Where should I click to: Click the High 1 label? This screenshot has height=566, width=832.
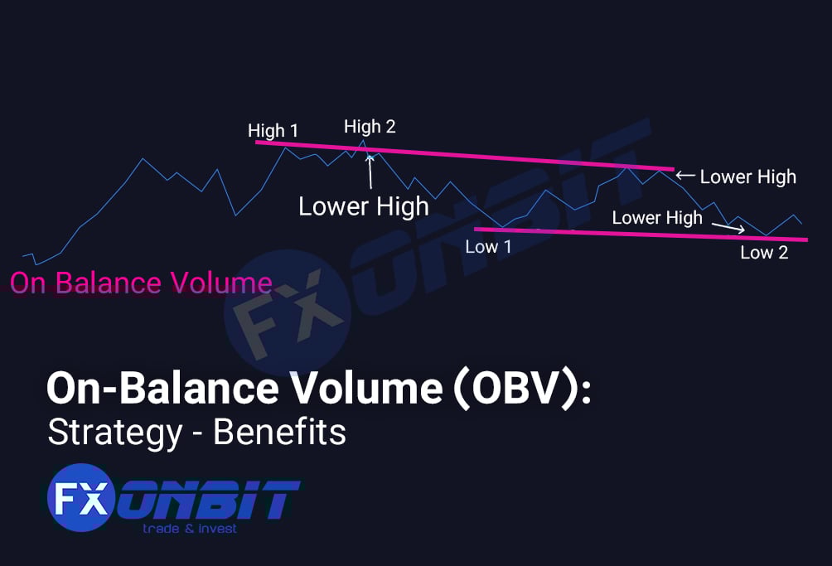273,131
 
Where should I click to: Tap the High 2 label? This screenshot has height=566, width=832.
370,127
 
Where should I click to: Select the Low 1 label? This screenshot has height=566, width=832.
488,247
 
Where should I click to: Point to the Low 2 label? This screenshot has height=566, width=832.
764,253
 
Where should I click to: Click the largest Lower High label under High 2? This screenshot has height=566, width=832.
364,206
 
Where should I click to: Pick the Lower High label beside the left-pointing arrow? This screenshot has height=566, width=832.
747,177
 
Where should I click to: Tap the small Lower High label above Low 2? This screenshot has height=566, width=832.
656,218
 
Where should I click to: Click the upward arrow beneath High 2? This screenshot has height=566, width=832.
370,170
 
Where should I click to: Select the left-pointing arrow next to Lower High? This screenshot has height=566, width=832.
685,176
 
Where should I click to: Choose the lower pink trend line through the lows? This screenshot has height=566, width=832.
638,234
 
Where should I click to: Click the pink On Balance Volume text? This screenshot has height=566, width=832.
141,283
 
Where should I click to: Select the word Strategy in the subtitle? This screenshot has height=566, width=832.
114,433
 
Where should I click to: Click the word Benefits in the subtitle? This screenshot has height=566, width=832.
279,433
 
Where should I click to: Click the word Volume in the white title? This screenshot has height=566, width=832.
358,388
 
